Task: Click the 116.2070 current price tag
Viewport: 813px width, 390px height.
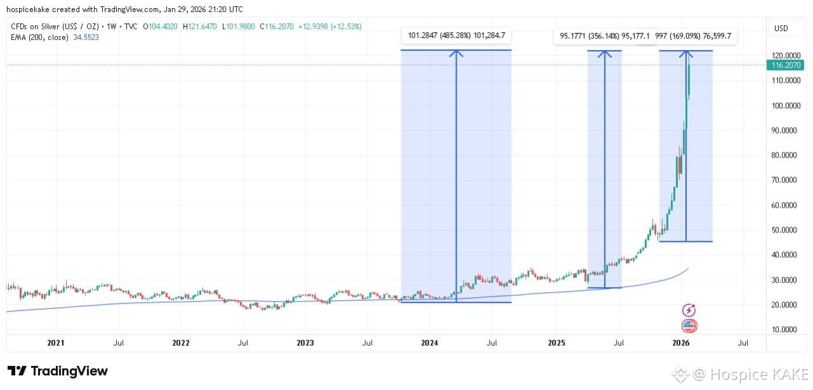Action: [x=787, y=65]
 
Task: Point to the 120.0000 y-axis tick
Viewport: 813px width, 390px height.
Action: [x=787, y=55]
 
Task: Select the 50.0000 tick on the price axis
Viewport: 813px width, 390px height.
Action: [x=787, y=230]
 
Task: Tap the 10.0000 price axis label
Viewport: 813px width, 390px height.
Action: [x=787, y=330]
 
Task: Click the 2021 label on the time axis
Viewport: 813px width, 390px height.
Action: [x=56, y=343]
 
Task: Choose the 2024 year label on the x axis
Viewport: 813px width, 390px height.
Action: [x=429, y=343]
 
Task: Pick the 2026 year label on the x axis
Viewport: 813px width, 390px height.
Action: [x=681, y=343]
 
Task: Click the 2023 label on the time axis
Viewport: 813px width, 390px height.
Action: [x=305, y=343]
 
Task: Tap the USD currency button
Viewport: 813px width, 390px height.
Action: [x=781, y=29]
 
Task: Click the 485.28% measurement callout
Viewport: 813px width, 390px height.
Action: [x=456, y=36]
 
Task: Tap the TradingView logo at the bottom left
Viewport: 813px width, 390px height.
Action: [x=58, y=371]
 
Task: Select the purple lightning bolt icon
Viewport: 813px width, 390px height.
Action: [x=689, y=311]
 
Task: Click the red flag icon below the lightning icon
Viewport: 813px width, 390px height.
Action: [x=689, y=326]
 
